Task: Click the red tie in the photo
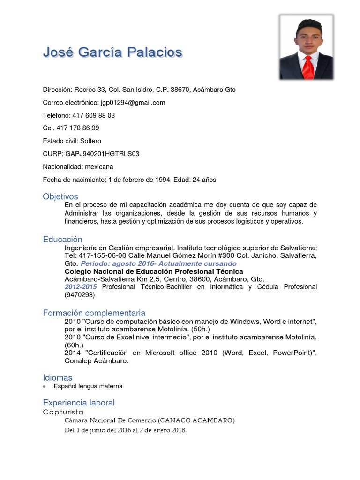coord(307,67)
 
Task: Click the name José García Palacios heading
coord(112,52)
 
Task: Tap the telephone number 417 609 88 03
coord(93,115)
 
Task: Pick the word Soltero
coord(90,141)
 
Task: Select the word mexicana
coord(99,167)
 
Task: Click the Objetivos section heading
coord(60,196)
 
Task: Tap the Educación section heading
coord(62,240)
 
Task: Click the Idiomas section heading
coord(58,377)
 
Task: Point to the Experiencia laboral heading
coord(79,403)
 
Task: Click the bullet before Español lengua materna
coord(45,387)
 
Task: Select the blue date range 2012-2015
coord(81,287)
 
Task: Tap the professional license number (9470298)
coord(80,295)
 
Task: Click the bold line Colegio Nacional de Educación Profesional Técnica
coord(154,271)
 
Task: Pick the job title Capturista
coord(63,412)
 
